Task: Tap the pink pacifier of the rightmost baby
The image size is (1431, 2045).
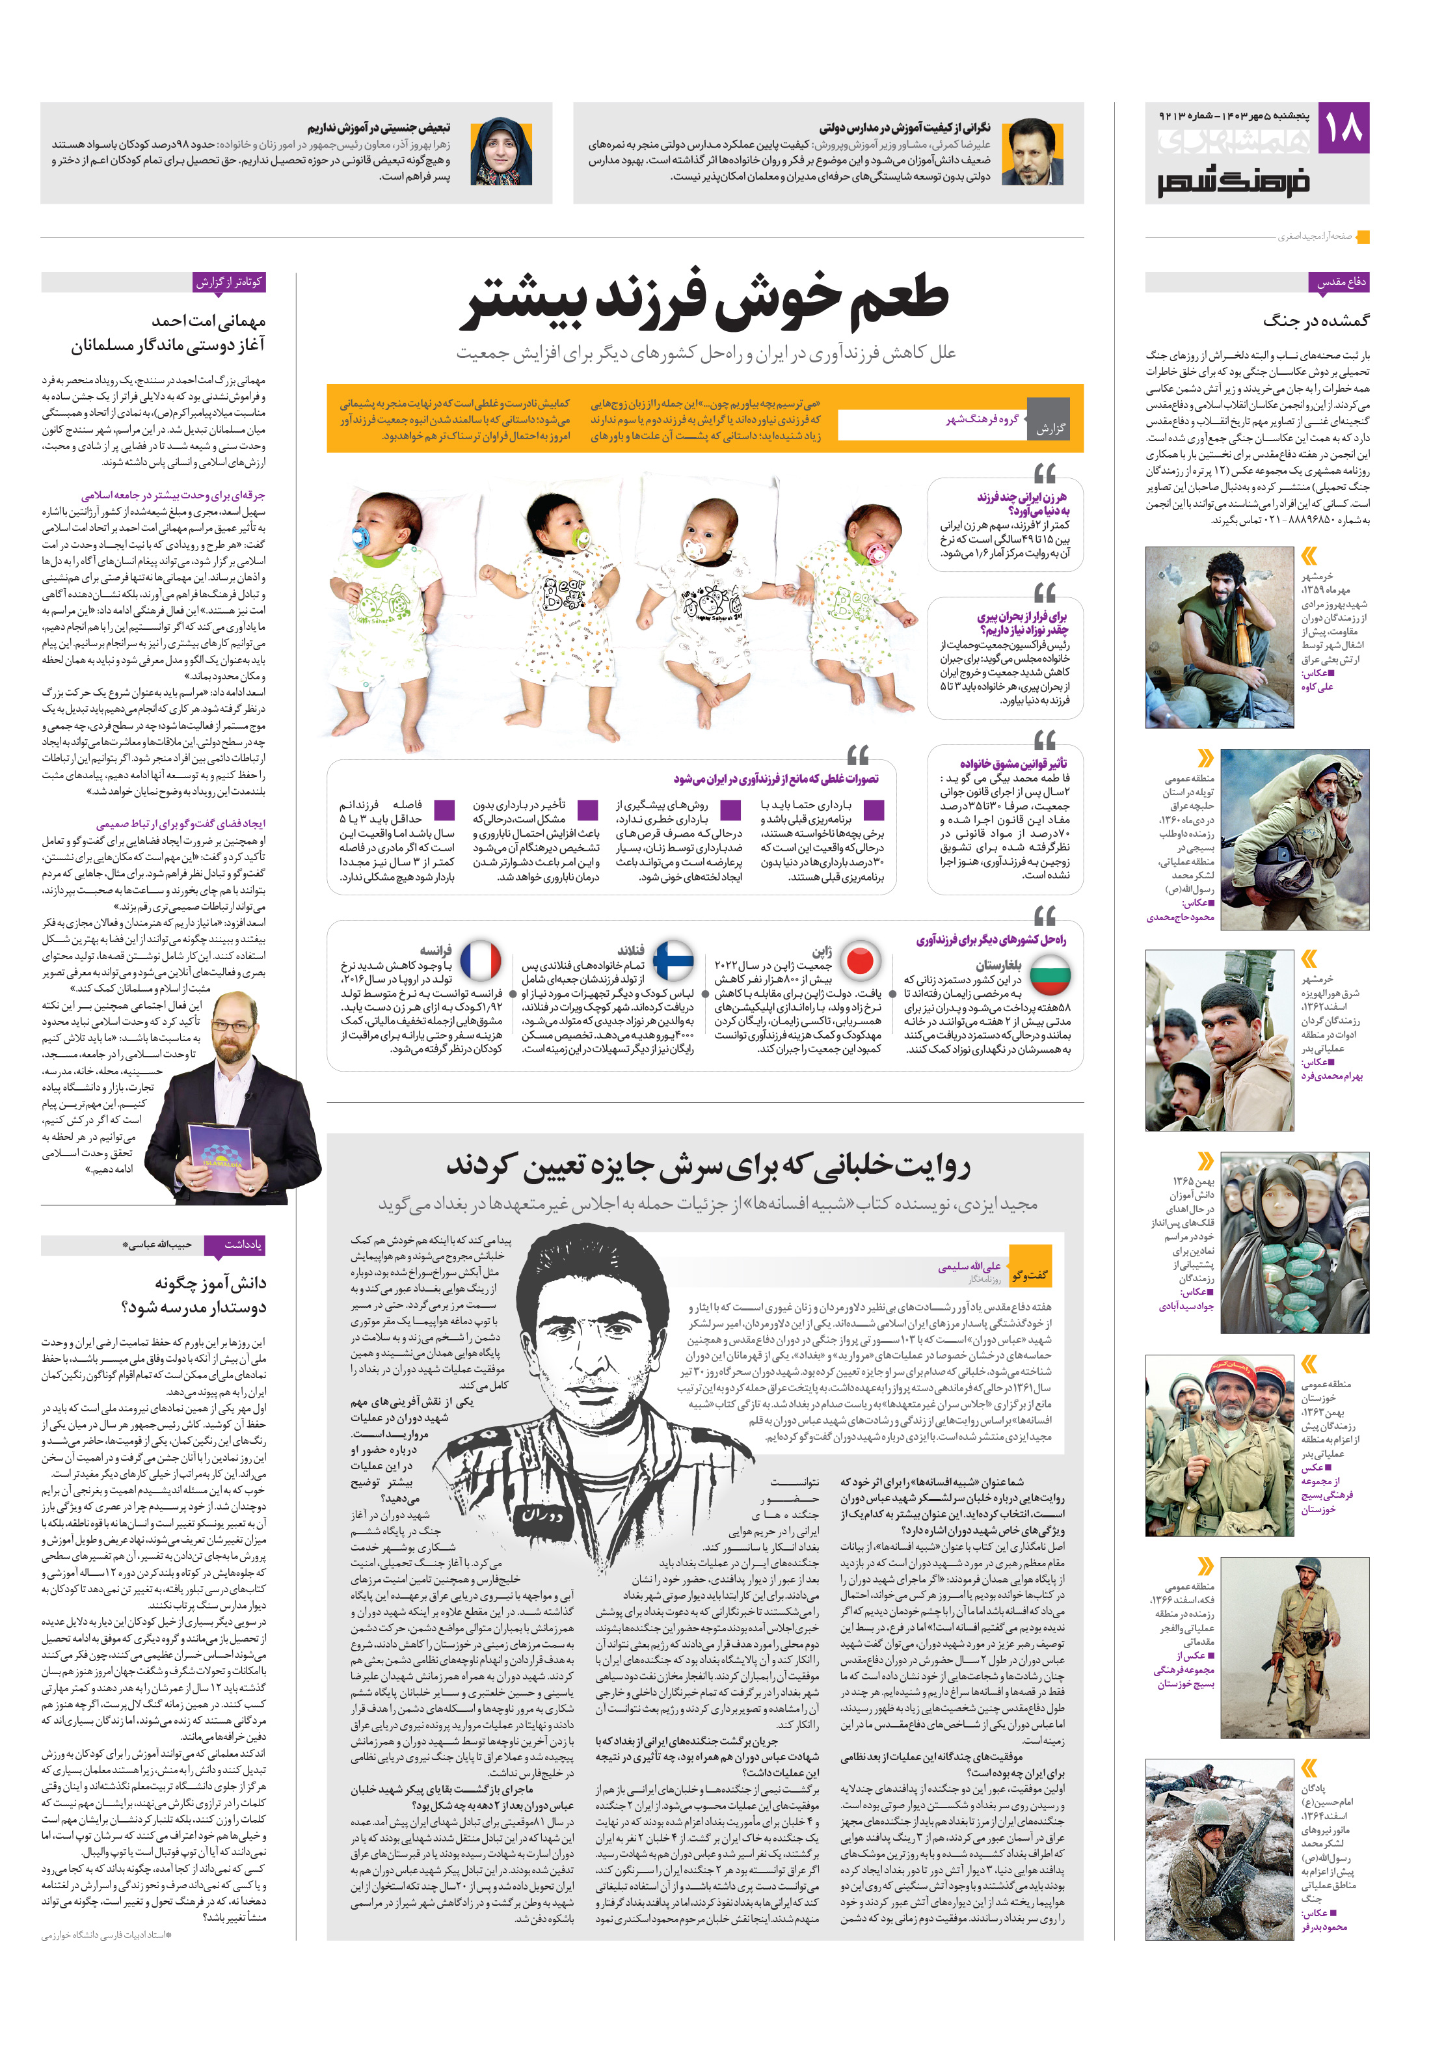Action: tap(876, 553)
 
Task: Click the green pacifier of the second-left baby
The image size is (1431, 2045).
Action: tap(578, 540)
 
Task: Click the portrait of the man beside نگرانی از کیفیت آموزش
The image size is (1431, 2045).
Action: tap(1032, 152)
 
